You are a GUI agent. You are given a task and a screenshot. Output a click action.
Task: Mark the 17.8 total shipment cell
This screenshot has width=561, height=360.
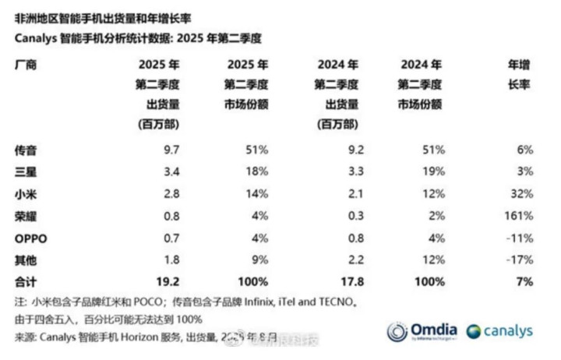(347, 279)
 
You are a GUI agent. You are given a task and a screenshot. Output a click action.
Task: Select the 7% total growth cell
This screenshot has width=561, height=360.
(524, 279)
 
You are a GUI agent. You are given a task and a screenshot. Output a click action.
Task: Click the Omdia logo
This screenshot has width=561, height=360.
(420, 332)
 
